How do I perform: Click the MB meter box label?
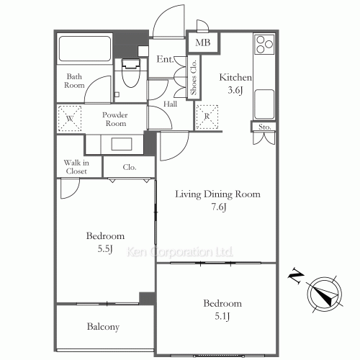(x=203, y=42)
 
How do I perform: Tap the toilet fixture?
(x=131, y=73)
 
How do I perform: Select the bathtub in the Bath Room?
(x=85, y=49)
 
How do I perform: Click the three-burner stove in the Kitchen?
(x=264, y=45)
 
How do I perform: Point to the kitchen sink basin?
(x=264, y=104)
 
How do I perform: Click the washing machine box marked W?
(x=70, y=118)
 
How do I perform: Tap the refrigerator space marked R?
(x=207, y=117)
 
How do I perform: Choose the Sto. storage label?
(x=265, y=127)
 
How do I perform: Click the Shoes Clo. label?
(x=194, y=77)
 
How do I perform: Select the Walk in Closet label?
(x=76, y=167)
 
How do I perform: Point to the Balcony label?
(x=103, y=327)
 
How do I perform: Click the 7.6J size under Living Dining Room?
(x=219, y=207)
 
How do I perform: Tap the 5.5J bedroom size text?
(x=105, y=249)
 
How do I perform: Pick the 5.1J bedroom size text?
(x=222, y=316)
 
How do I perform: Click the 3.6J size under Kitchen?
(x=235, y=90)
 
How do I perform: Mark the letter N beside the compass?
(x=296, y=276)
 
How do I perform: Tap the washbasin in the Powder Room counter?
(x=122, y=144)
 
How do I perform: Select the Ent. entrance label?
(x=165, y=59)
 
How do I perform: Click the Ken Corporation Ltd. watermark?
(x=179, y=252)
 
